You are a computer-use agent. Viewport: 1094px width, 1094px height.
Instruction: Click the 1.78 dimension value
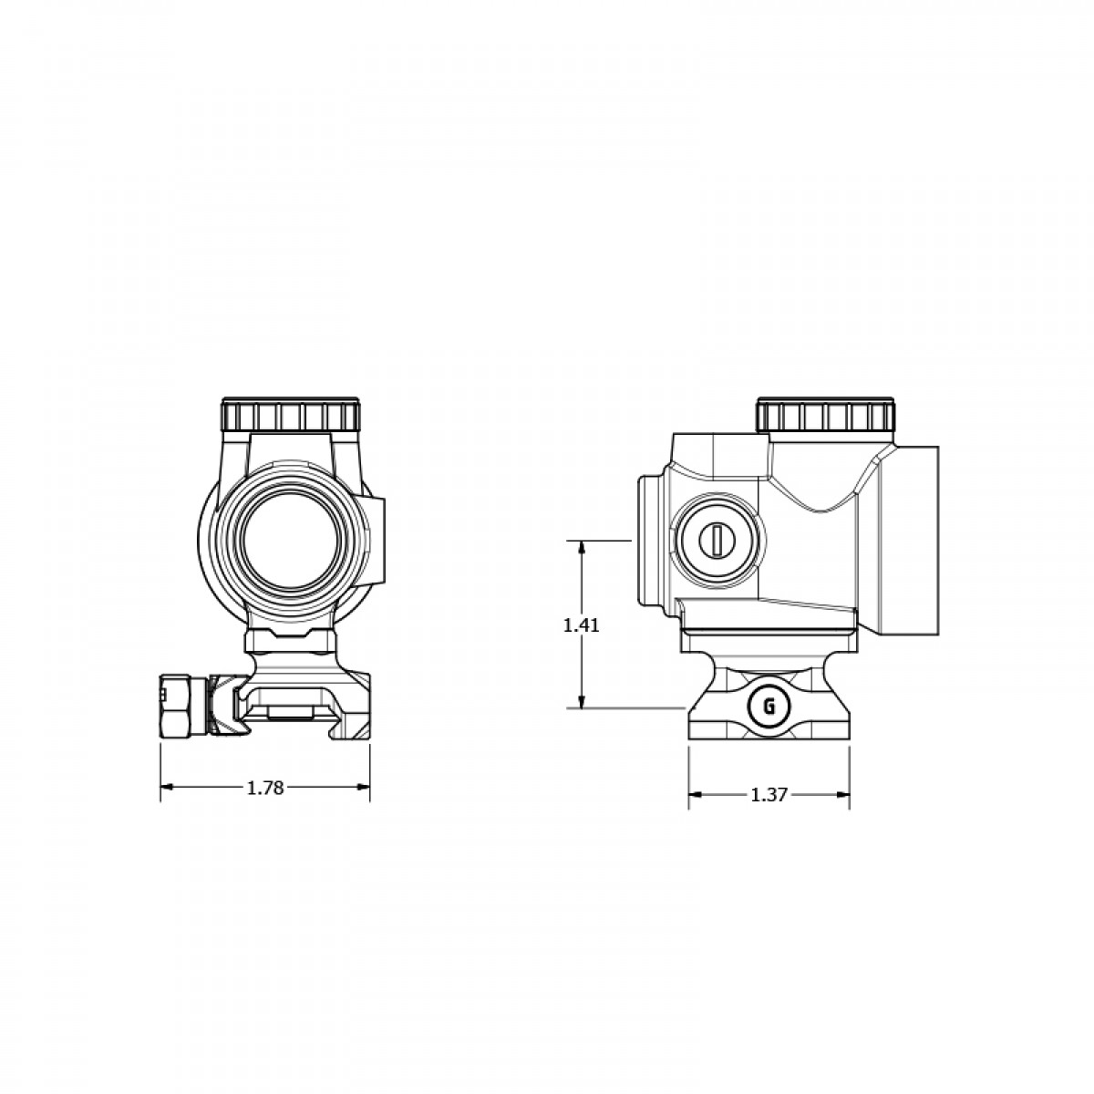pyautogui.click(x=265, y=788)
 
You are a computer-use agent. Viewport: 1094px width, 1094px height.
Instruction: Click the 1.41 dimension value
pyautogui.click(x=581, y=625)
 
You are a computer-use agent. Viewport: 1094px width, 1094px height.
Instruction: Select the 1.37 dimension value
pyautogui.click(x=769, y=795)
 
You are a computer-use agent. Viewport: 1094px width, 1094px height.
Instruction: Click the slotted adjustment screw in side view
pyautogui.click(x=717, y=541)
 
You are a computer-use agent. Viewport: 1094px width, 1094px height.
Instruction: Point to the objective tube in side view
pyautogui.click(x=907, y=541)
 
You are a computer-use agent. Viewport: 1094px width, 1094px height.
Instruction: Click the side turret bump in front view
pyautogui.click(x=378, y=540)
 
